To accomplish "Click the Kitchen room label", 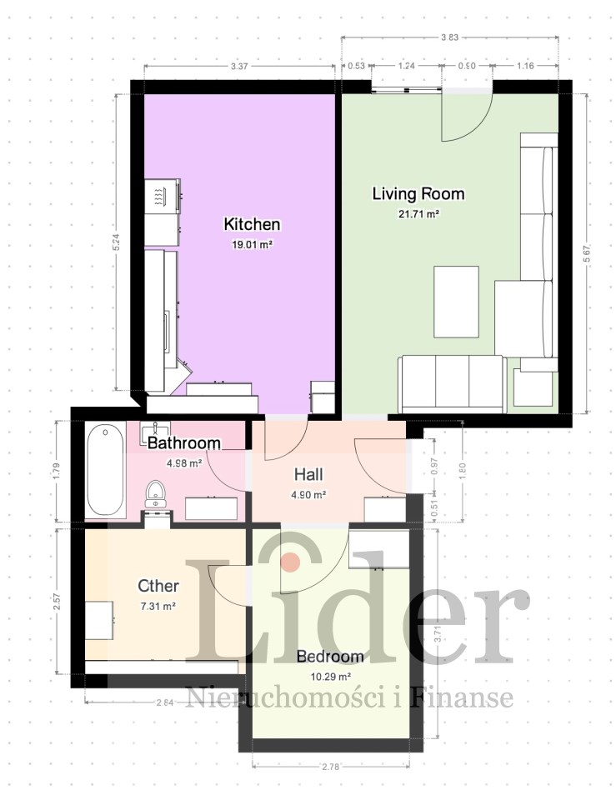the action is pos(252,224).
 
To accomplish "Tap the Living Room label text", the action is pos(418,194).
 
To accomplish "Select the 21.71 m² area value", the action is pos(418,214).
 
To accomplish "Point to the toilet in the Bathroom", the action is pos(155,494).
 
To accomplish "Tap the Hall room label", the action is pos(308,474).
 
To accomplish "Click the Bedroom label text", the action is pos(330,656).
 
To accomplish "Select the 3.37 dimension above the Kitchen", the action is pos(239,66).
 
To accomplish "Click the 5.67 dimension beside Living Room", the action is pos(587,253).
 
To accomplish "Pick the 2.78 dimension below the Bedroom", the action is pos(330,767).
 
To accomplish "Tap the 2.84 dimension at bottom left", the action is pos(165,702).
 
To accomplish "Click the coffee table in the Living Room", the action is pos(456,302).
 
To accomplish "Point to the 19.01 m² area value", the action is pos(252,244).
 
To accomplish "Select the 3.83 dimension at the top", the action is pos(449,37).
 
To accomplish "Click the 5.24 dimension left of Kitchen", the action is pos(117,242).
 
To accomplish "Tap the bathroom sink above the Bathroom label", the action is pos(155,430).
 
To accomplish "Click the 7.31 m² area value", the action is pos(158,606).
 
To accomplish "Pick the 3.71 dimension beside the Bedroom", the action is pos(436,634).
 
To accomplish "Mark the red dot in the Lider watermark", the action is pos(291,561).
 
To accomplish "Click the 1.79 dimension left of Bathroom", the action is pos(57,470).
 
